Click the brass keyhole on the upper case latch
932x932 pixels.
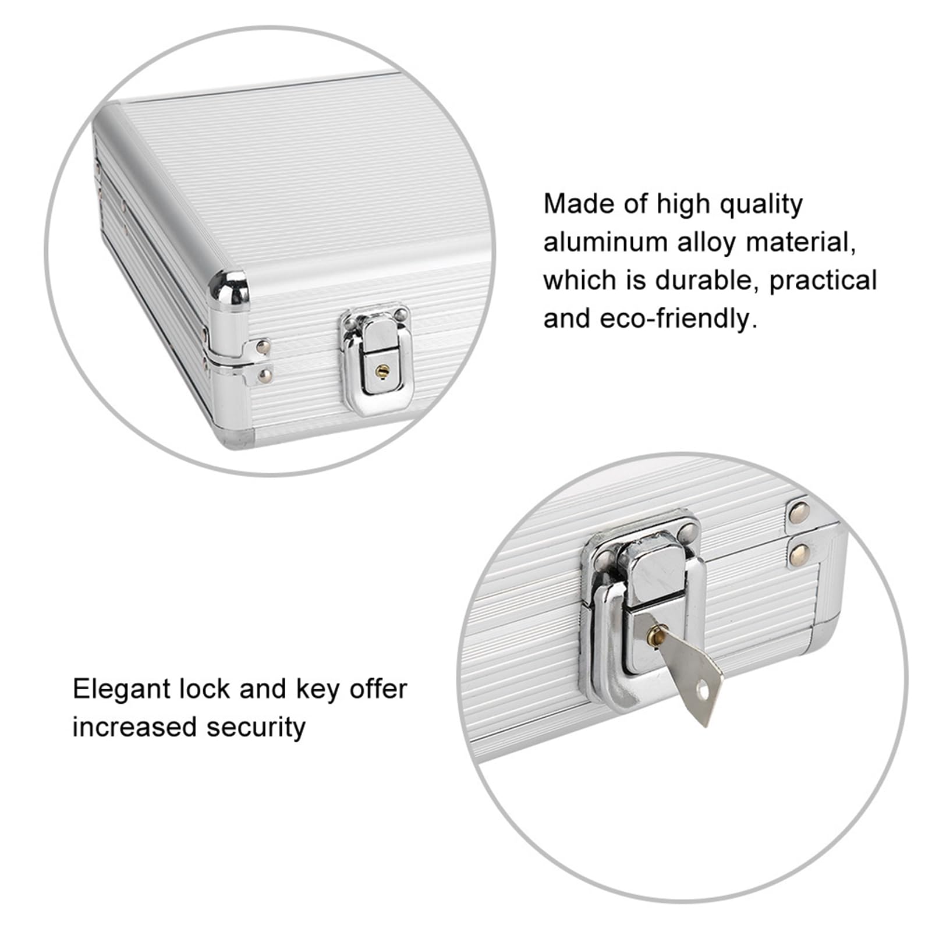click(x=381, y=370)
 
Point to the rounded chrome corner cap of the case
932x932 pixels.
click(x=229, y=289)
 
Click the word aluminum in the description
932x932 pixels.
click(x=605, y=242)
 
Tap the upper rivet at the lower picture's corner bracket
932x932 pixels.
click(x=798, y=512)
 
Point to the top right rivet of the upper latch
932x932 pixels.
click(x=400, y=314)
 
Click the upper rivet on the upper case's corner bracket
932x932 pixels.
click(x=263, y=348)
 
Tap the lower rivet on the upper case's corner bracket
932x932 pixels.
click(x=265, y=375)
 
